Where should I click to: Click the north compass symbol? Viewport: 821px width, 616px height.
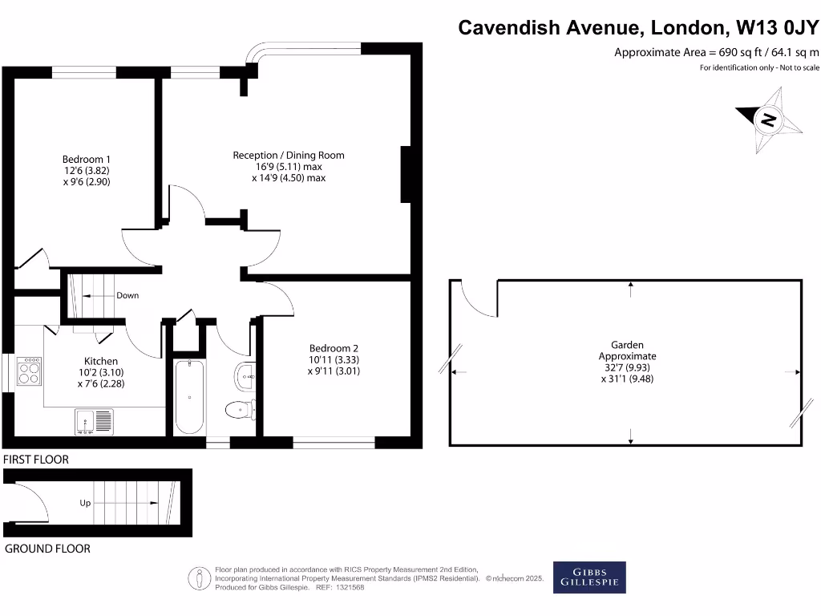(x=768, y=120)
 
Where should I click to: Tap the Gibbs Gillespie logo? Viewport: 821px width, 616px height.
(x=589, y=577)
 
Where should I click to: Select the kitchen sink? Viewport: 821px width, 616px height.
(x=95, y=420)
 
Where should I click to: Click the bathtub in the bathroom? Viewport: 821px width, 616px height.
(x=189, y=397)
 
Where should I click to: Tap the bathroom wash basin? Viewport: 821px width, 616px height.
(x=245, y=372)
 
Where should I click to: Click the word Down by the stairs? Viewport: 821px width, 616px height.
(x=127, y=295)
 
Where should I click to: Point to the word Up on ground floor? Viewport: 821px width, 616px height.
(x=85, y=503)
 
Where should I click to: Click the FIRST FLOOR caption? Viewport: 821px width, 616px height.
(x=36, y=460)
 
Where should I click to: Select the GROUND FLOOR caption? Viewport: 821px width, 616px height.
(x=47, y=549)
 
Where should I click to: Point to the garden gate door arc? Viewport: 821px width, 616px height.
(x=477, y=298)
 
